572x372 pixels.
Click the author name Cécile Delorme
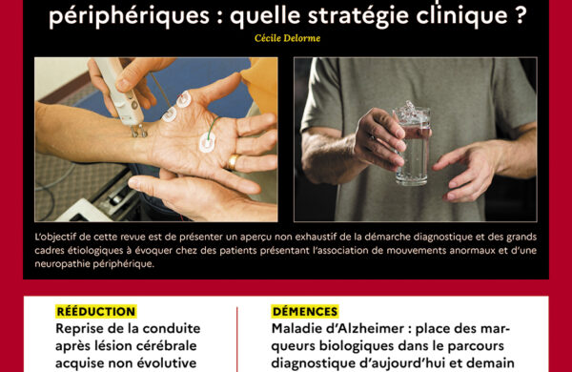[288, 38]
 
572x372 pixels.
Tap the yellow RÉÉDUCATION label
[96, 311]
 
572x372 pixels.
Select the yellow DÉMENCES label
[305, 311]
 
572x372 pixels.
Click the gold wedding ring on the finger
[233, 162]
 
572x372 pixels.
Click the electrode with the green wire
[207, 142]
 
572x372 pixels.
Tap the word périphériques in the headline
[129, 16]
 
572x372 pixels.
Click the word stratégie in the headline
[359, 15]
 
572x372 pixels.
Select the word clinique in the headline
[461, 15]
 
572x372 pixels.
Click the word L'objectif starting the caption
[55, 238]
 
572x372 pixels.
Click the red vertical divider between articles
[236, 340]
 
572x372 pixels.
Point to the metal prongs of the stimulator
[139, 131]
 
